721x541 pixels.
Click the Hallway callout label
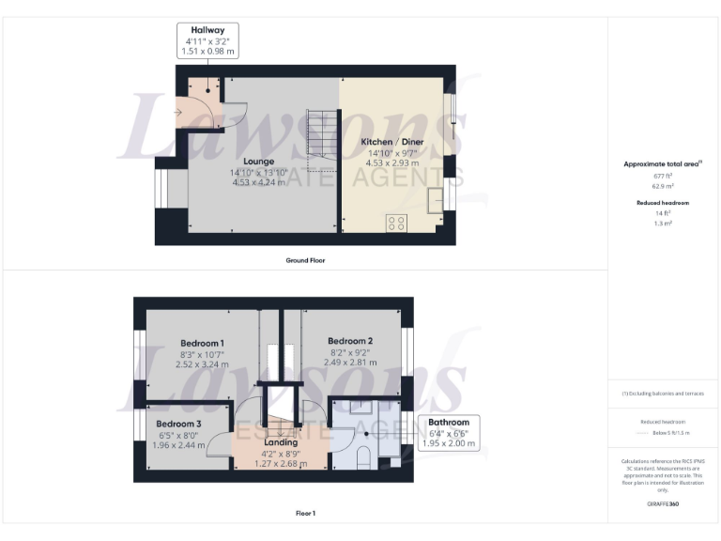click(x=207, y=41)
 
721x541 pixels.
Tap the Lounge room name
click(x=257, y=162)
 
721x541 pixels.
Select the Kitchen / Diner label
click(x=392, y=142)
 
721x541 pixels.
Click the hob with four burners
click(x=396, y=224)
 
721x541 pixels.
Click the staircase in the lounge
click(x=322, y=134)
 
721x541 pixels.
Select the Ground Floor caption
click(x=305, y=259)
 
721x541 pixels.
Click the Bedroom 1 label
click(x=202, y=343)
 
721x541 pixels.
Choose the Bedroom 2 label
click(x=351, y=340)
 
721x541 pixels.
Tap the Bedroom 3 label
click(x=178, y=424)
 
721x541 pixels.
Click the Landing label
click(x=282, y=442)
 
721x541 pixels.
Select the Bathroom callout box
click(x=449, y=432)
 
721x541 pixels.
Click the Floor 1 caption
click(x=305, y=513)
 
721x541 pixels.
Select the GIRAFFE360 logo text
click(x=664, y=504)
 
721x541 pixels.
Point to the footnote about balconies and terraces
click(x=664, y=394)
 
